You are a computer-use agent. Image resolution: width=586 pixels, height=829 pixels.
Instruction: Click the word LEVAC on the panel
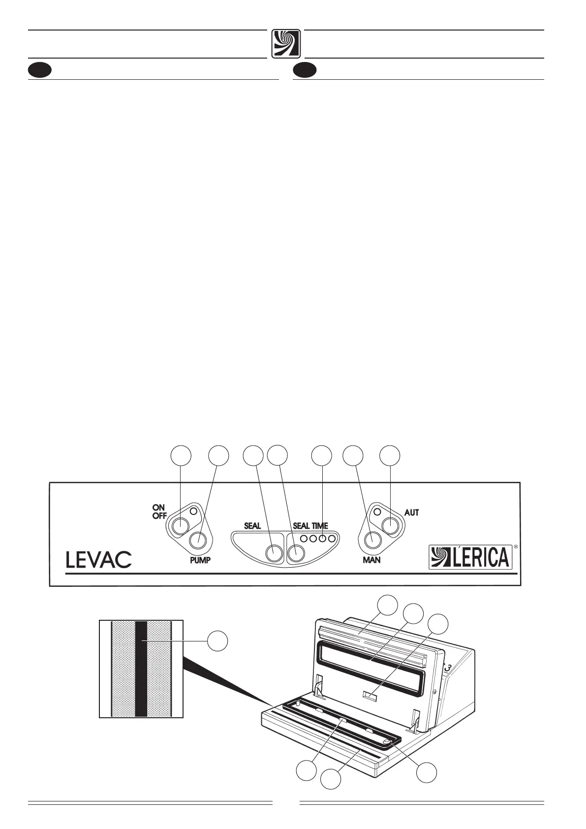click(x=98, y=559)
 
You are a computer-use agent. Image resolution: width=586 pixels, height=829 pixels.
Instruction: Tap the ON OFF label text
click(x=159, y=511)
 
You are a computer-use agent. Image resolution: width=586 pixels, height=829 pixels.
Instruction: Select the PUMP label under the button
click(x=200, y=560)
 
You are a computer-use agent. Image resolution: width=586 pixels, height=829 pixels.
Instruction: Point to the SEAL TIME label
click(x=310, y=526)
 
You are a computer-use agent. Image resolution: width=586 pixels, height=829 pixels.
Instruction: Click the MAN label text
click(x=371, y=560)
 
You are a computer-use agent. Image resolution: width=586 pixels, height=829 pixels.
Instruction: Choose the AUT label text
click(x=411, y=512)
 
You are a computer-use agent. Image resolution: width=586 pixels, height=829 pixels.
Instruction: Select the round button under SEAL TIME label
click(x=296, y=554)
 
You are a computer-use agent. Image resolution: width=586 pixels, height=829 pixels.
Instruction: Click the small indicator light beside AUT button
click(x=377, y=512)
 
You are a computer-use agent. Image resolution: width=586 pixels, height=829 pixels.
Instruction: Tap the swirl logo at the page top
click(x=286, y=44)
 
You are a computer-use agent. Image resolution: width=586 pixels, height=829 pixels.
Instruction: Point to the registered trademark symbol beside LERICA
click(x=515, y=546)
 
